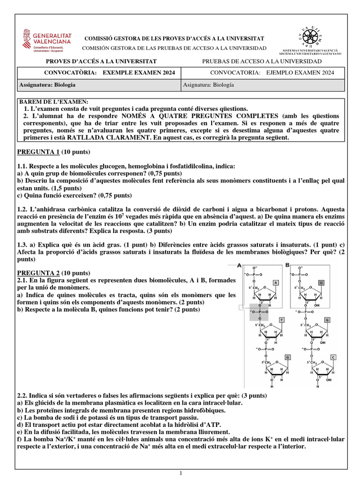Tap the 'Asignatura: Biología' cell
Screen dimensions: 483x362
click(208, 85)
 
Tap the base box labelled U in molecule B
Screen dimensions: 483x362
click(321, 283)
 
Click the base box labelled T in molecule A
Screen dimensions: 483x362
click(282, 320)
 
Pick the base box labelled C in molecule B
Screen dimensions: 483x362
click(333, 357)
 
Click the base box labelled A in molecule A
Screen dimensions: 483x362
click(275, 283)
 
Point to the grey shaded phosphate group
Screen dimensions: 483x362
click(258, 312)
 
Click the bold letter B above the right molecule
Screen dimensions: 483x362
click(288, 265)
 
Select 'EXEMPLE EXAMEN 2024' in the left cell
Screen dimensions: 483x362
click(139, 73)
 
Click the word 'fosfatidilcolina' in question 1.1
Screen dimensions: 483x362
click(189, 167)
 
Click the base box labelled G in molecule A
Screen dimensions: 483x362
click(288, 357)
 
